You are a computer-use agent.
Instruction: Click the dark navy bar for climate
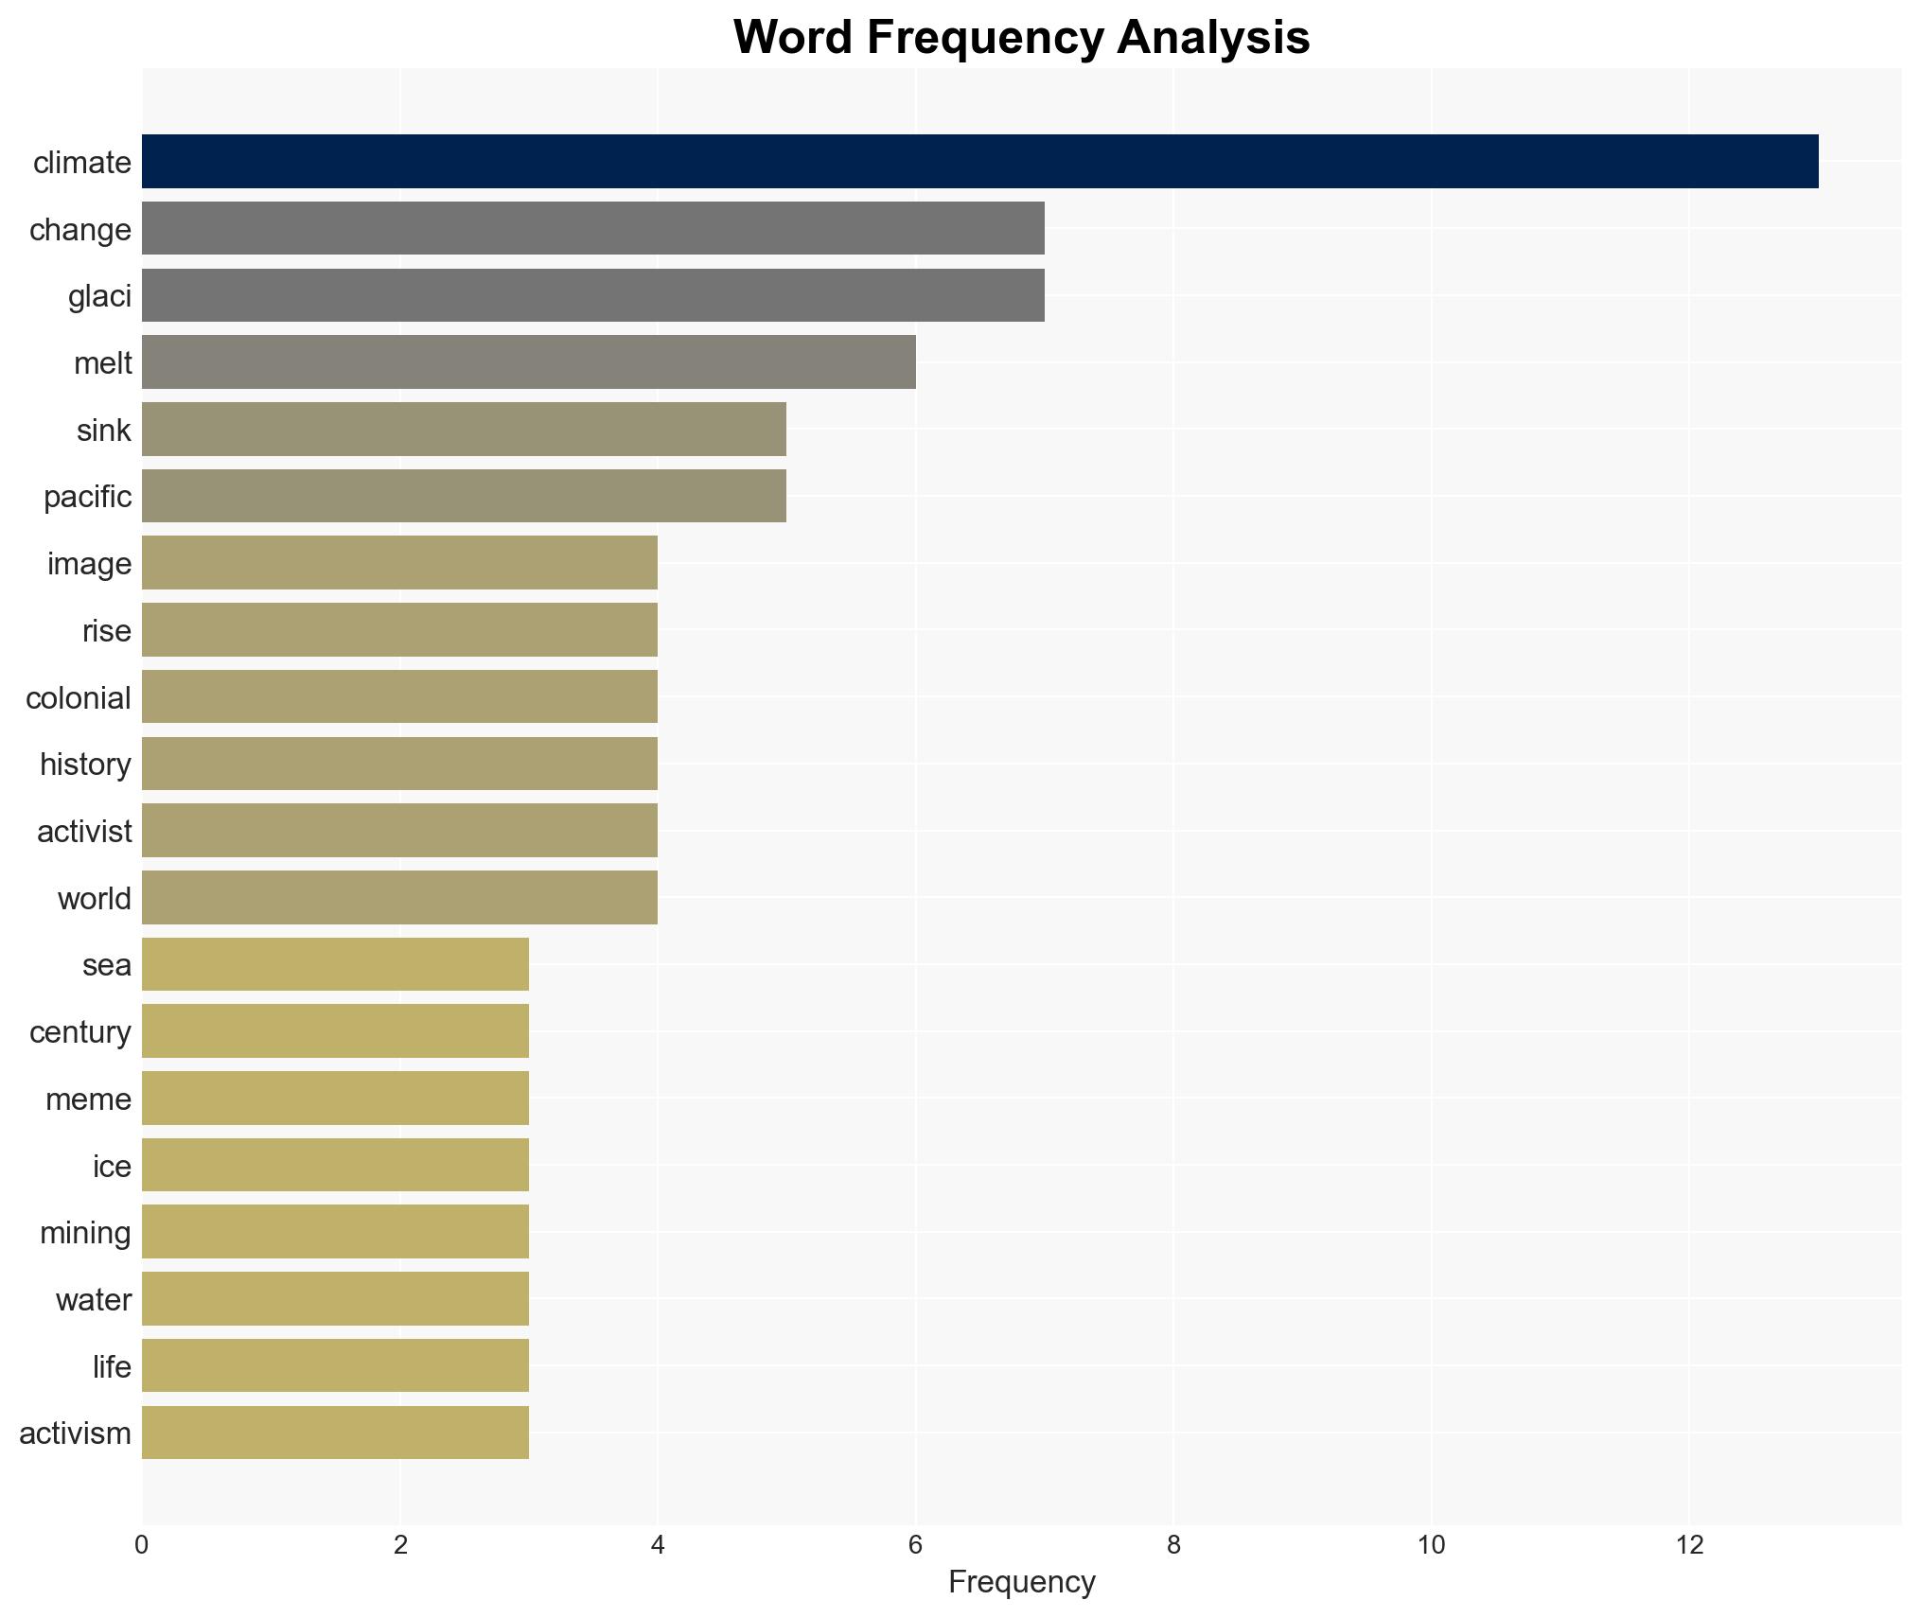pyautogui.click(x=979, y=161)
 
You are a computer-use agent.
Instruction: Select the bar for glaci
pyautogui.click(x=593, y=295)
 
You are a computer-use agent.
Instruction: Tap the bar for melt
pyautogui.click(x=528, y=362)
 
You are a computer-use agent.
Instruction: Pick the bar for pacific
pyautogui.click(x=464, y=496)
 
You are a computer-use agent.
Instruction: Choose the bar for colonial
pyautogui.click(x=399, y=696)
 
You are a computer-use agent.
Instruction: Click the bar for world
pyautogui.click(x=399, y=897)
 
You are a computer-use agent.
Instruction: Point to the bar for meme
pyautogui.click(x=335, y=1098)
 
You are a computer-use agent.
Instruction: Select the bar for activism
pyautogui.click(x=335, y=1433)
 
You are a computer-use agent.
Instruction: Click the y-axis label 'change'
pyautogui.click(x=80, y=230)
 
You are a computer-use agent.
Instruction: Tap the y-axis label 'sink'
pyautogui.click(x=103, y=431)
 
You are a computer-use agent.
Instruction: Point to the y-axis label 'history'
pyautogui.click(x=85, y=765)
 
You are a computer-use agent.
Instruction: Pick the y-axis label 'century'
pyautogui.click(x=80, y=1032)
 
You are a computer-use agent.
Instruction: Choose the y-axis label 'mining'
pyautogui.click(x=85, y=1233)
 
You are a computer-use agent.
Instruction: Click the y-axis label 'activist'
pyautogui.click(x=84, y=832)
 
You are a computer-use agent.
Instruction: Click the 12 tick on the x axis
pyautogui.click(x=1689, y=1545)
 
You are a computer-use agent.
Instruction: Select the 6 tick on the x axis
pyautogui.click(x=915, y=1545)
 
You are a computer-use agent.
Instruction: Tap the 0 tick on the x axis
pyautogui.click(x=142, y=1545)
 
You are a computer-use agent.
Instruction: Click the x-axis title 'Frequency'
pyautogui.click(x=1021, y=1582)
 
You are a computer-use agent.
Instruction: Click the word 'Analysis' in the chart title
pyautogui.click(x=1213, y=38)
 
